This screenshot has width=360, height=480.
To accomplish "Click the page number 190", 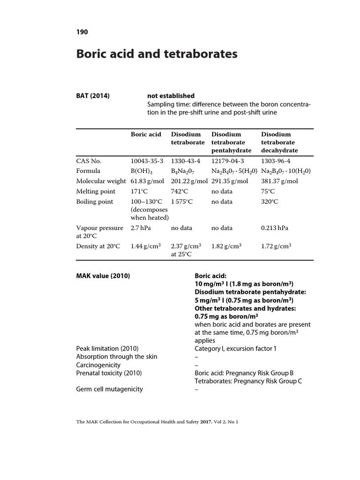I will (82, 32).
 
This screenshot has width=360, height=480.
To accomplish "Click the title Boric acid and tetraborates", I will (157, 54).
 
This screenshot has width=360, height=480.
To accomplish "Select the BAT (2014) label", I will (93, 96).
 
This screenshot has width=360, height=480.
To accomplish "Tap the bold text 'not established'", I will (171, 96).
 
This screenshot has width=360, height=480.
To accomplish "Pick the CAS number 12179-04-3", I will (227, 160).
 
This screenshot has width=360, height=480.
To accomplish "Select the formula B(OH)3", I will (142, 171).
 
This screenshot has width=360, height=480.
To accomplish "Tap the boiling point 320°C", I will (270, 202).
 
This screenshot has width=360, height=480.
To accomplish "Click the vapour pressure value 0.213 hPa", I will (275, 228).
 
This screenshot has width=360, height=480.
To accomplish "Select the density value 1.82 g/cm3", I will (226, 246).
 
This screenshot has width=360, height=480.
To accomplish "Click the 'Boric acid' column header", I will (146, 134).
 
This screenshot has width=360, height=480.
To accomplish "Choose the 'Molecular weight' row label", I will (101, 181).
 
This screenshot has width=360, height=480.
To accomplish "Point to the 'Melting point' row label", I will (95, 192).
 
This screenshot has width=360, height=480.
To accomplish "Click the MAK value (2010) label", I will (103, 276).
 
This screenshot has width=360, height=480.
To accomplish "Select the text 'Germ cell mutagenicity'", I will (110, 389).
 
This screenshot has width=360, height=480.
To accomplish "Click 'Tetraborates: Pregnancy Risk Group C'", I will (248, 381).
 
